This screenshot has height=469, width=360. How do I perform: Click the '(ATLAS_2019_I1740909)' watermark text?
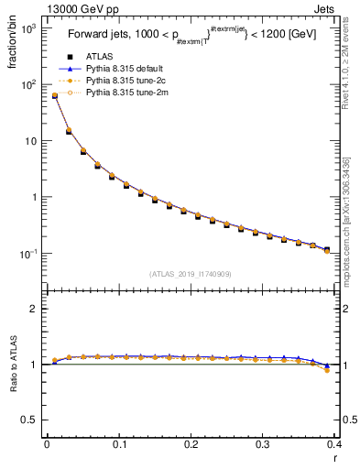point(191,273)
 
